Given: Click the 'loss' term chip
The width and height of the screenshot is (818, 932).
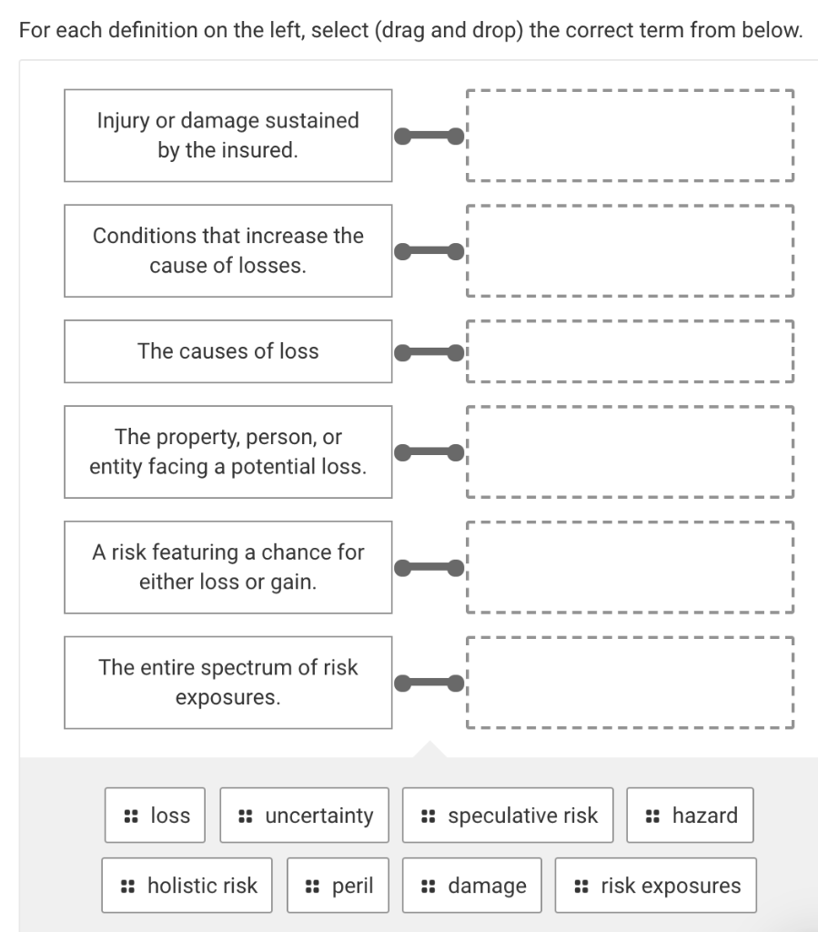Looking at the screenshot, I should [155, 815].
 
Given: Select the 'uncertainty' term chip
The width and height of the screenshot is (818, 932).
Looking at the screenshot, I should [305, 815].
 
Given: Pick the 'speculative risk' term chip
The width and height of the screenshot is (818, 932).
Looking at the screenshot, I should [509, 815].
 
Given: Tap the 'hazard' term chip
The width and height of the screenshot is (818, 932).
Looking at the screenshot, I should [691, 815].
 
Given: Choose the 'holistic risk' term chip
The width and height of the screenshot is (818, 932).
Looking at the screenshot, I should [187, 886].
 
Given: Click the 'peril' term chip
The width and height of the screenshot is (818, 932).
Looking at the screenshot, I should [338, 886].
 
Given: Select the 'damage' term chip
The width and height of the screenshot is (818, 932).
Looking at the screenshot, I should [472, 886].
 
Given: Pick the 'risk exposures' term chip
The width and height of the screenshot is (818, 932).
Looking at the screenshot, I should [656, 886].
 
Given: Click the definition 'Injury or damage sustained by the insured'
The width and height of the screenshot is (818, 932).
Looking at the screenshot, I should [228, 136].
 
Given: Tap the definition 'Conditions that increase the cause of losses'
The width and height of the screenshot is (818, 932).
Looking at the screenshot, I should [228, 251].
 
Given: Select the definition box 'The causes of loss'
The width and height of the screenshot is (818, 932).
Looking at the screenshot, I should [228, 351].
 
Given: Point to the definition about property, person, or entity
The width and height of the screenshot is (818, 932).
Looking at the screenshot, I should [228, 452].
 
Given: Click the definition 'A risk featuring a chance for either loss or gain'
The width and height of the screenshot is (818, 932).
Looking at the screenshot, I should [228, 567].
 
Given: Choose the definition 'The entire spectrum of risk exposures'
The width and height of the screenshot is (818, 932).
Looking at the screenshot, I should [228, 683].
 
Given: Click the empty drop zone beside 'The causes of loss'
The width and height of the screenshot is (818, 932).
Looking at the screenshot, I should [630, 351].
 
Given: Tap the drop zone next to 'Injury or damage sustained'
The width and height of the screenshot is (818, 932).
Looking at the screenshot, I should [630, 136].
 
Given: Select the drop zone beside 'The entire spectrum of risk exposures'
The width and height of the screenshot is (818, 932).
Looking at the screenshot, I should [630, 683].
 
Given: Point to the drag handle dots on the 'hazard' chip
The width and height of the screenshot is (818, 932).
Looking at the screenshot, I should [652, 815].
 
